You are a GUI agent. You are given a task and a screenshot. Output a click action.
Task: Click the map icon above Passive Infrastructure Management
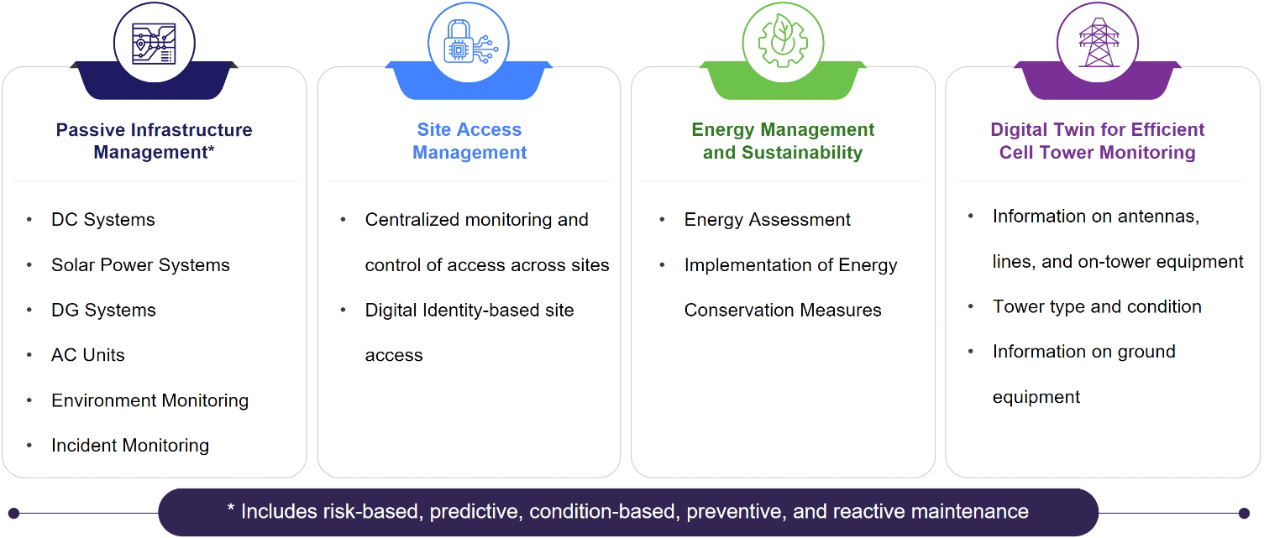[x=154, y=44]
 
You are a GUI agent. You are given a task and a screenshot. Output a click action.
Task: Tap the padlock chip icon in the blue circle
[x=470, y=42]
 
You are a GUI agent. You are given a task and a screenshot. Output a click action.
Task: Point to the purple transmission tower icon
[x=1098, y=42]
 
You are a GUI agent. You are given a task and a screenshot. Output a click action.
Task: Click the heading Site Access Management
[x=469, y=141]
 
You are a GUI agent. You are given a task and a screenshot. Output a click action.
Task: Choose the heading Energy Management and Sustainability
[x=783, y=141]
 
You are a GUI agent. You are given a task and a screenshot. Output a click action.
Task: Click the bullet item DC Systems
[x=102, y=219]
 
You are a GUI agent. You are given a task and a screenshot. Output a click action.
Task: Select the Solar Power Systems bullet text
[x=140, y=265]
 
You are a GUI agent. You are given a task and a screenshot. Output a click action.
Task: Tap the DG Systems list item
[x=103, y=311]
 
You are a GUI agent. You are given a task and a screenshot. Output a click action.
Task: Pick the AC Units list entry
[x=87, y=355]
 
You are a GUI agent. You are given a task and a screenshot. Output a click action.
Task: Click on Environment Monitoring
[x=149, y=400]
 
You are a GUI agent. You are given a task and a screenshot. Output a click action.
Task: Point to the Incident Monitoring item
[x=130, y=446]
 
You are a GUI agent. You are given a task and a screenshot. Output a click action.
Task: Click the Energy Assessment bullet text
[x=767, y=219]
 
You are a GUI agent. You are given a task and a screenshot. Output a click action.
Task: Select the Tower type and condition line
[x=1096, y=307]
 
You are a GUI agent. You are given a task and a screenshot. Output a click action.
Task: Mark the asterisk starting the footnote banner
[x=231, y=508]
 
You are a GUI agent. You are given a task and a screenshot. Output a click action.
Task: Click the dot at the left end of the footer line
[x=14, y=513]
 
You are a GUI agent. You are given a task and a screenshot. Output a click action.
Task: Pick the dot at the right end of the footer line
[x=1244, y=513]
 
